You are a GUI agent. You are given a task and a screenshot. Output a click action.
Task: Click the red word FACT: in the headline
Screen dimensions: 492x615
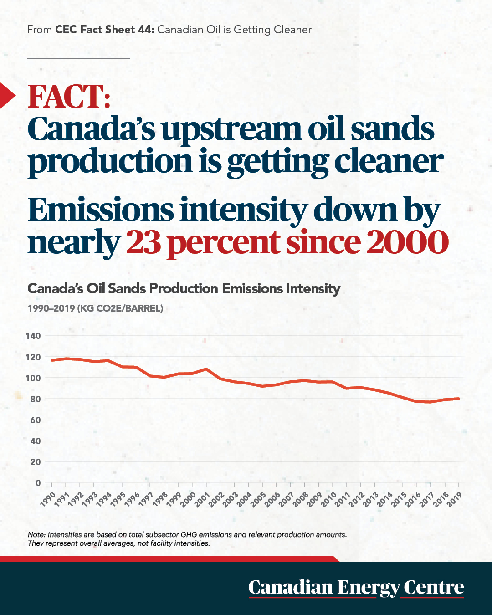[69, 96]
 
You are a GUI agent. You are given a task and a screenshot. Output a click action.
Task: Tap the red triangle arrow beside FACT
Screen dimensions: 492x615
[7, 96]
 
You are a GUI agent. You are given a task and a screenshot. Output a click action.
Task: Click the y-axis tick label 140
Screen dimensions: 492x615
[33, 335]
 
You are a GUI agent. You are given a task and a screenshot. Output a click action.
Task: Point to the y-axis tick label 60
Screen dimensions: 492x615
[36, 420]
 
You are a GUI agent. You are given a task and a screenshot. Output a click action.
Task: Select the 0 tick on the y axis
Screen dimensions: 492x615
[38, 483]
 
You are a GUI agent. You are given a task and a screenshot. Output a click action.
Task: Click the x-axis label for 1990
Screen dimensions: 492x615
[47, 499]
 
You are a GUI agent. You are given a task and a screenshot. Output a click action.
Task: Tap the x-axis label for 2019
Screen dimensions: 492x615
[455, 499]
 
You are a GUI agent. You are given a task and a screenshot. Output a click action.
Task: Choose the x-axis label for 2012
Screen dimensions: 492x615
[356, 499]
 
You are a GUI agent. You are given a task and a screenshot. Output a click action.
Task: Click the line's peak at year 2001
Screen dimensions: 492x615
[206, 369]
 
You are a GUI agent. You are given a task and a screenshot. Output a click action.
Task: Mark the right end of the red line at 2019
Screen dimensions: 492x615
[459, 399]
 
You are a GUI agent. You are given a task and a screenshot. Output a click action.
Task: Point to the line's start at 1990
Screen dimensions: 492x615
[52, 360]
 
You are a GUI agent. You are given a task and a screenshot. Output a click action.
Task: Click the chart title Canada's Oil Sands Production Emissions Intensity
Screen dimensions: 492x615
[184, 289]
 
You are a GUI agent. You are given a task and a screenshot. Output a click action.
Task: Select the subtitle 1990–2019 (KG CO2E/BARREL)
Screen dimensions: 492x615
[95, 308]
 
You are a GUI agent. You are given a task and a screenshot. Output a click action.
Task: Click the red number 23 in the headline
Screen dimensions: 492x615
[143, 242]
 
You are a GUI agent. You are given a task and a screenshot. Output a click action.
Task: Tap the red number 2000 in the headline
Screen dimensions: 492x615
[407, 242]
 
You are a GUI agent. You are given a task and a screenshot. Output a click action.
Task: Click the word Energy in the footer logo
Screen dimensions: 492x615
[368, 588]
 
